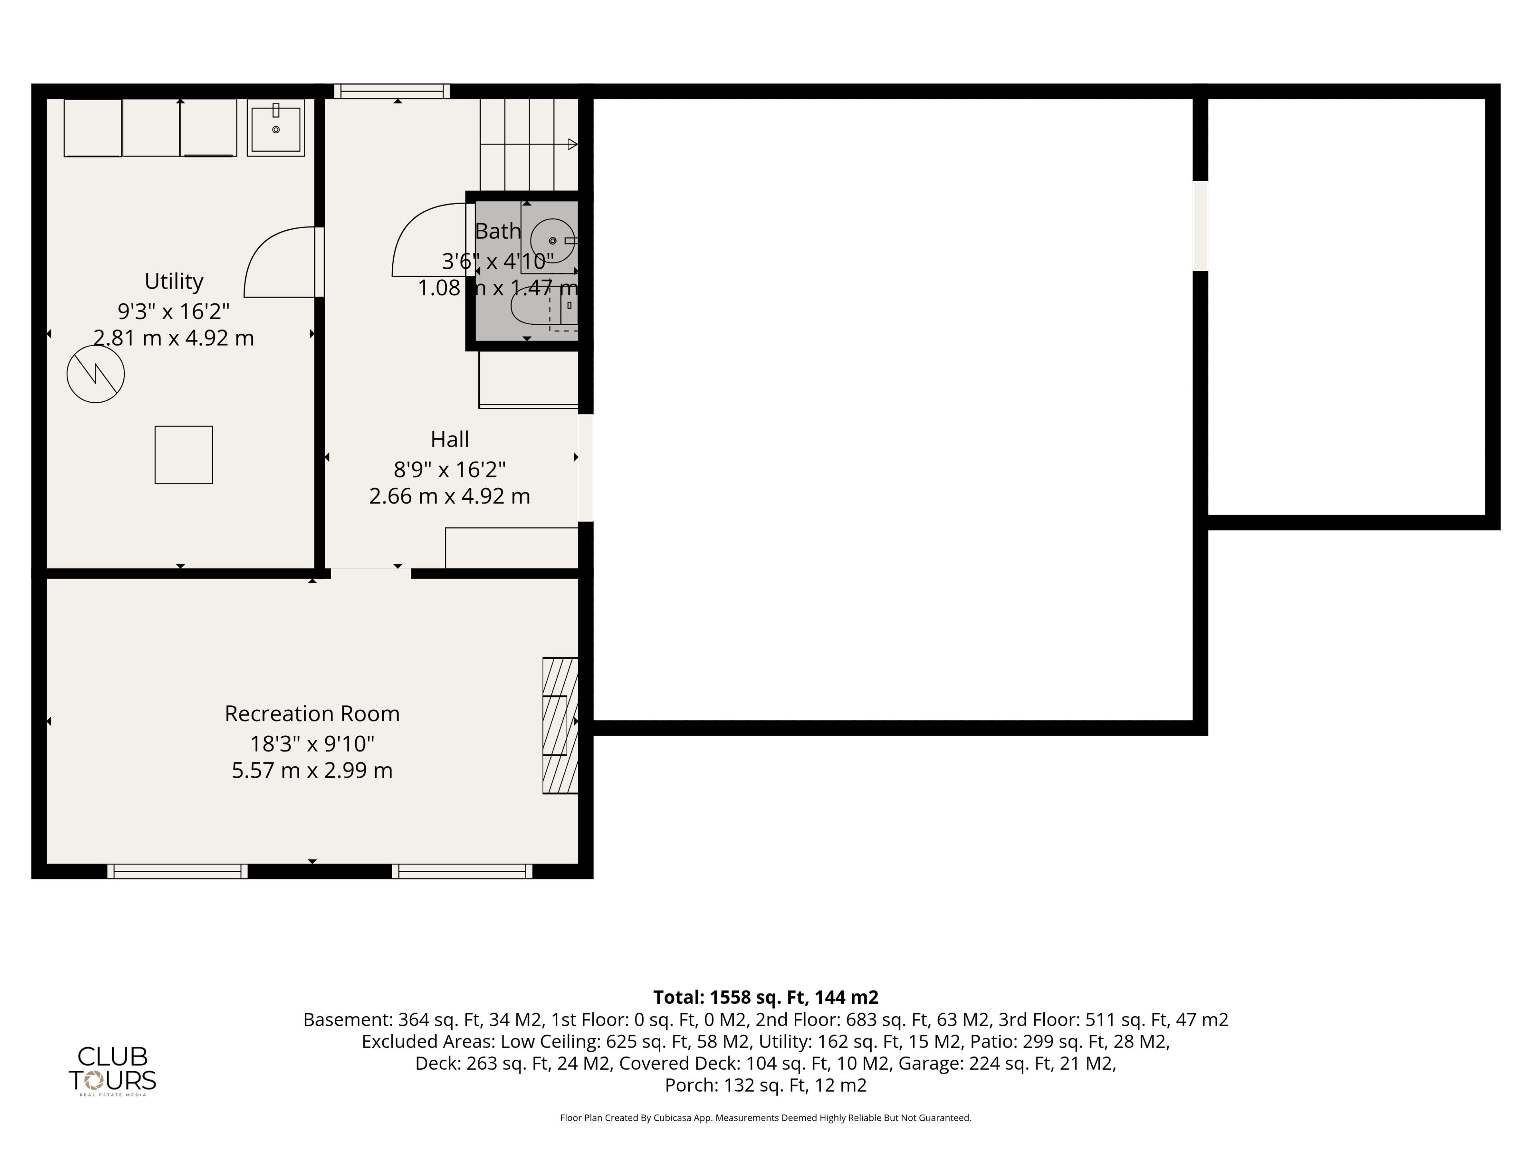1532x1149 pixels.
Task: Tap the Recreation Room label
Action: [x=312, y=713]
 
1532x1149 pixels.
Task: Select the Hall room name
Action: [x=450, y=439]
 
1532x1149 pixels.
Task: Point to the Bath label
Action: [x=498, y=231]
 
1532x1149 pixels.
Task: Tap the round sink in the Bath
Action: [x=553, y=240]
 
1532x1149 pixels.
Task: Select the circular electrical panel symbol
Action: [x=96, y=374]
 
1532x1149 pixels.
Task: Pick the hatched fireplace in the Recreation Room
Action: [x=560, y=725]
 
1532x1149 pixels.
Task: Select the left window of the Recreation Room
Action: [x=177, y=871]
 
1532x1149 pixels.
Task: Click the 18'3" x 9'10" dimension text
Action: [x=312, y=744]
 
